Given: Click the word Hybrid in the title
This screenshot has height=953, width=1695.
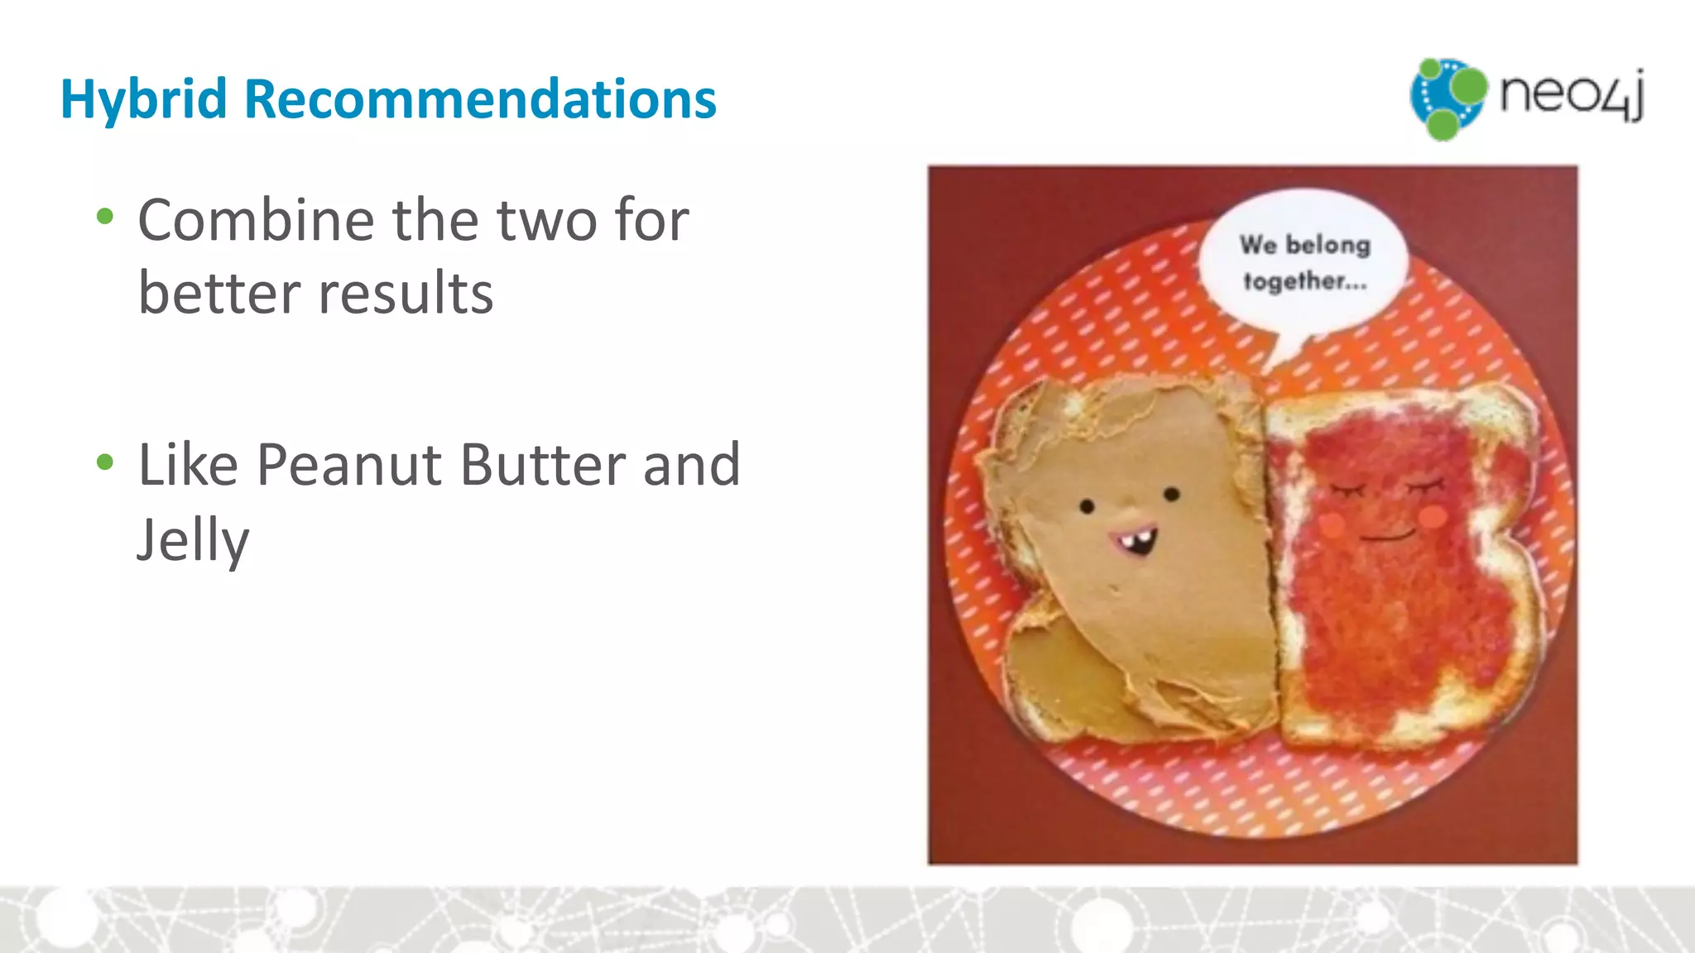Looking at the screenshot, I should click(143, 100).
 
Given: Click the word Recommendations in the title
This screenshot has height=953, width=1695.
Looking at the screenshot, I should click(480, 99).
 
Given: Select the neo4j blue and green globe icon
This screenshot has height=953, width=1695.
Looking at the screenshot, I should click(1448, 98).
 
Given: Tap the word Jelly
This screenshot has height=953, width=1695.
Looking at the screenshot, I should click(193, 539).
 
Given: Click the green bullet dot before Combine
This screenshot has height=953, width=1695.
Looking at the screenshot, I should click(105, 218).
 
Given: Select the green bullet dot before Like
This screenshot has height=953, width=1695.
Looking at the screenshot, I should click(105, 462).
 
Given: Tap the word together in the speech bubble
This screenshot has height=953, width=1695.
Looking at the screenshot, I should click(1304, 281).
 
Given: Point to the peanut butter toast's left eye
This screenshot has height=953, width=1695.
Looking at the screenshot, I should click(1088, 505).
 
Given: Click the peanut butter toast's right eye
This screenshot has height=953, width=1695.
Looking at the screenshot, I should click(1172, 494).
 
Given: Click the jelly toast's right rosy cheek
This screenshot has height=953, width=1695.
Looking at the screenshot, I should click(1433, 516).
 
